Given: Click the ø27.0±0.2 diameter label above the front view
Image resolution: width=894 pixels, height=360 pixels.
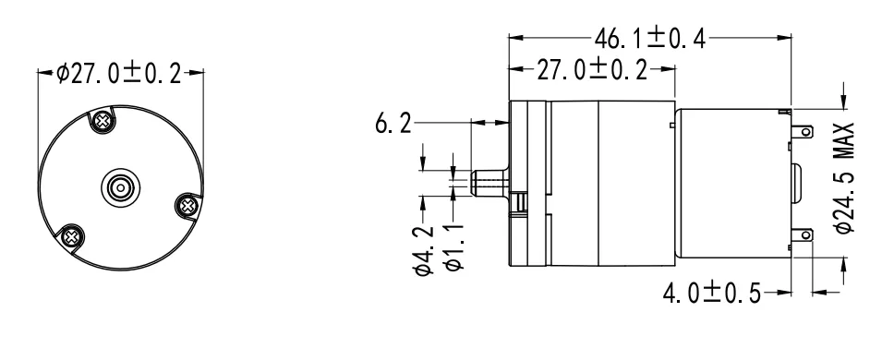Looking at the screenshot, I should click(x=119, y=74).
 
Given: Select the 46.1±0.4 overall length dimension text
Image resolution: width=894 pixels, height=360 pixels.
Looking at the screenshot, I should click(x=651, y=39).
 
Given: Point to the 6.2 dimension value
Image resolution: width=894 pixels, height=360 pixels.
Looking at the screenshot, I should click(x=394, y=122).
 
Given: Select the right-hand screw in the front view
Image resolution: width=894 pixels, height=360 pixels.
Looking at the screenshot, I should click(x=187, y=203).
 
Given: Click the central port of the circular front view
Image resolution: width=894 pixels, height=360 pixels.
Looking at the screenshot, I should click(x=119, y=187).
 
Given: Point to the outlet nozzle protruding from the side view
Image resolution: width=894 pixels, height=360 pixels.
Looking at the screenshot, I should click(x=489, y=179).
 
